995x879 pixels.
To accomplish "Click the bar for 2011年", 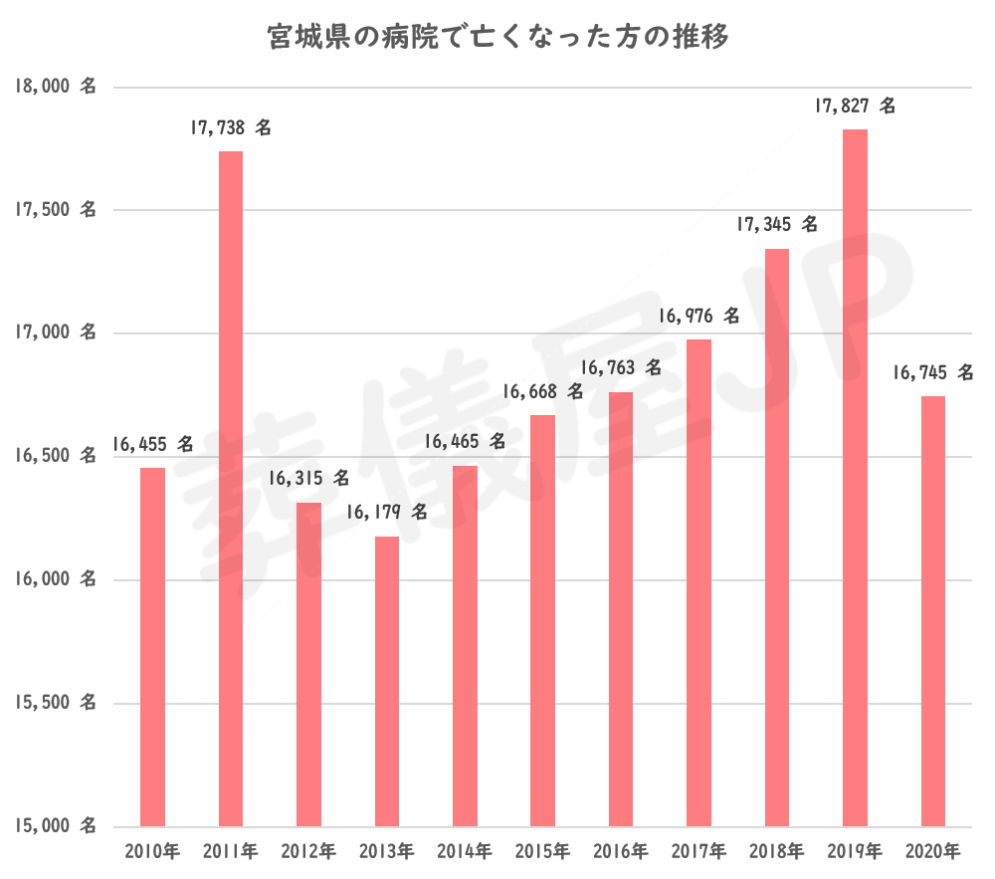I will (x=231, y=488).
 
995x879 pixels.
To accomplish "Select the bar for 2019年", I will (x=855, y=478).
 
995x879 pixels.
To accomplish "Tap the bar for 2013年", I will (x=387, y=682).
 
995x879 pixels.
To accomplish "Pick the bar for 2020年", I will (x=932, y=611).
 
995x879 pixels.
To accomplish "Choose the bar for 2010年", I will (x=152, y=647).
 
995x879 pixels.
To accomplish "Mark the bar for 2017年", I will (x=698, y=582).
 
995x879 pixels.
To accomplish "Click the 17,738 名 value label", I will (x=231, y=127).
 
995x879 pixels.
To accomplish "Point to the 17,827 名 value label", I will (x=855, y=106).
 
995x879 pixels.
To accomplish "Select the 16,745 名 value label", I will (x=932, y=372).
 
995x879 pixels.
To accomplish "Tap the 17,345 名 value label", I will (x=776, y=225).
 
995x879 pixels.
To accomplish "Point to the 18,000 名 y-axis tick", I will (x=55, y=87).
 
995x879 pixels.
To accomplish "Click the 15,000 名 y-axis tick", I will (x=55, y=826).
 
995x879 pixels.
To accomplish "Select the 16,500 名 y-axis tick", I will (x=55, y=456).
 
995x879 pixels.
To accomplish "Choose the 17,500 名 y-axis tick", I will (x=55, y=210).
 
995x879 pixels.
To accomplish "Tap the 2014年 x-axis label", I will (x=465, y=852).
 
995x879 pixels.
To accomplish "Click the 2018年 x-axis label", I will (x=776, y=852).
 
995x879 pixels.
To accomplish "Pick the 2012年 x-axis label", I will (x=308, y=852).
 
